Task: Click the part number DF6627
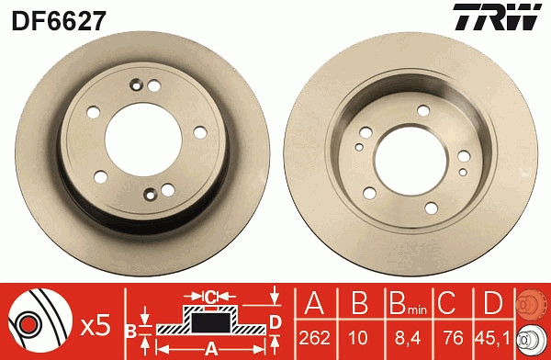click(x=57, y=17)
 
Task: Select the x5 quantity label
click(x=95, y=324)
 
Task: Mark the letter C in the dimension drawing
click(x=210, y=297)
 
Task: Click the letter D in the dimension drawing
click(x=275, y=321)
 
